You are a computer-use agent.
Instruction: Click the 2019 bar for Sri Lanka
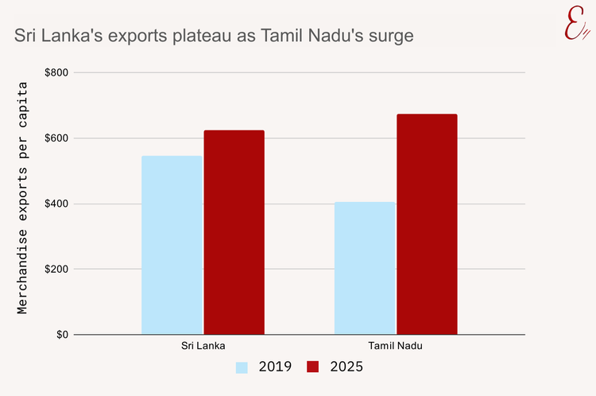[172, 245]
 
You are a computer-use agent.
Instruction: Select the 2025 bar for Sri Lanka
[234, 232]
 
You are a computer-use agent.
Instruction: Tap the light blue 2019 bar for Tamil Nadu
[365, 268]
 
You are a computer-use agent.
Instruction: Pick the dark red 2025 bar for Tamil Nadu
[427, 224]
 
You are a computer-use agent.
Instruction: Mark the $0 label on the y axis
[61, 335]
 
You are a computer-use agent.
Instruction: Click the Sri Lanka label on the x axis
[203, 347]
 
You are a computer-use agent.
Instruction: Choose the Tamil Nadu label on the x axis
[396, 347]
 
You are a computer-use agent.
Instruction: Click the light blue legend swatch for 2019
[242, 367]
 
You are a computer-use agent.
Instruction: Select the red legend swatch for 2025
[312, 367]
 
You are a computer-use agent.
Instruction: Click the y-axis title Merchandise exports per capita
[23, 198]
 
